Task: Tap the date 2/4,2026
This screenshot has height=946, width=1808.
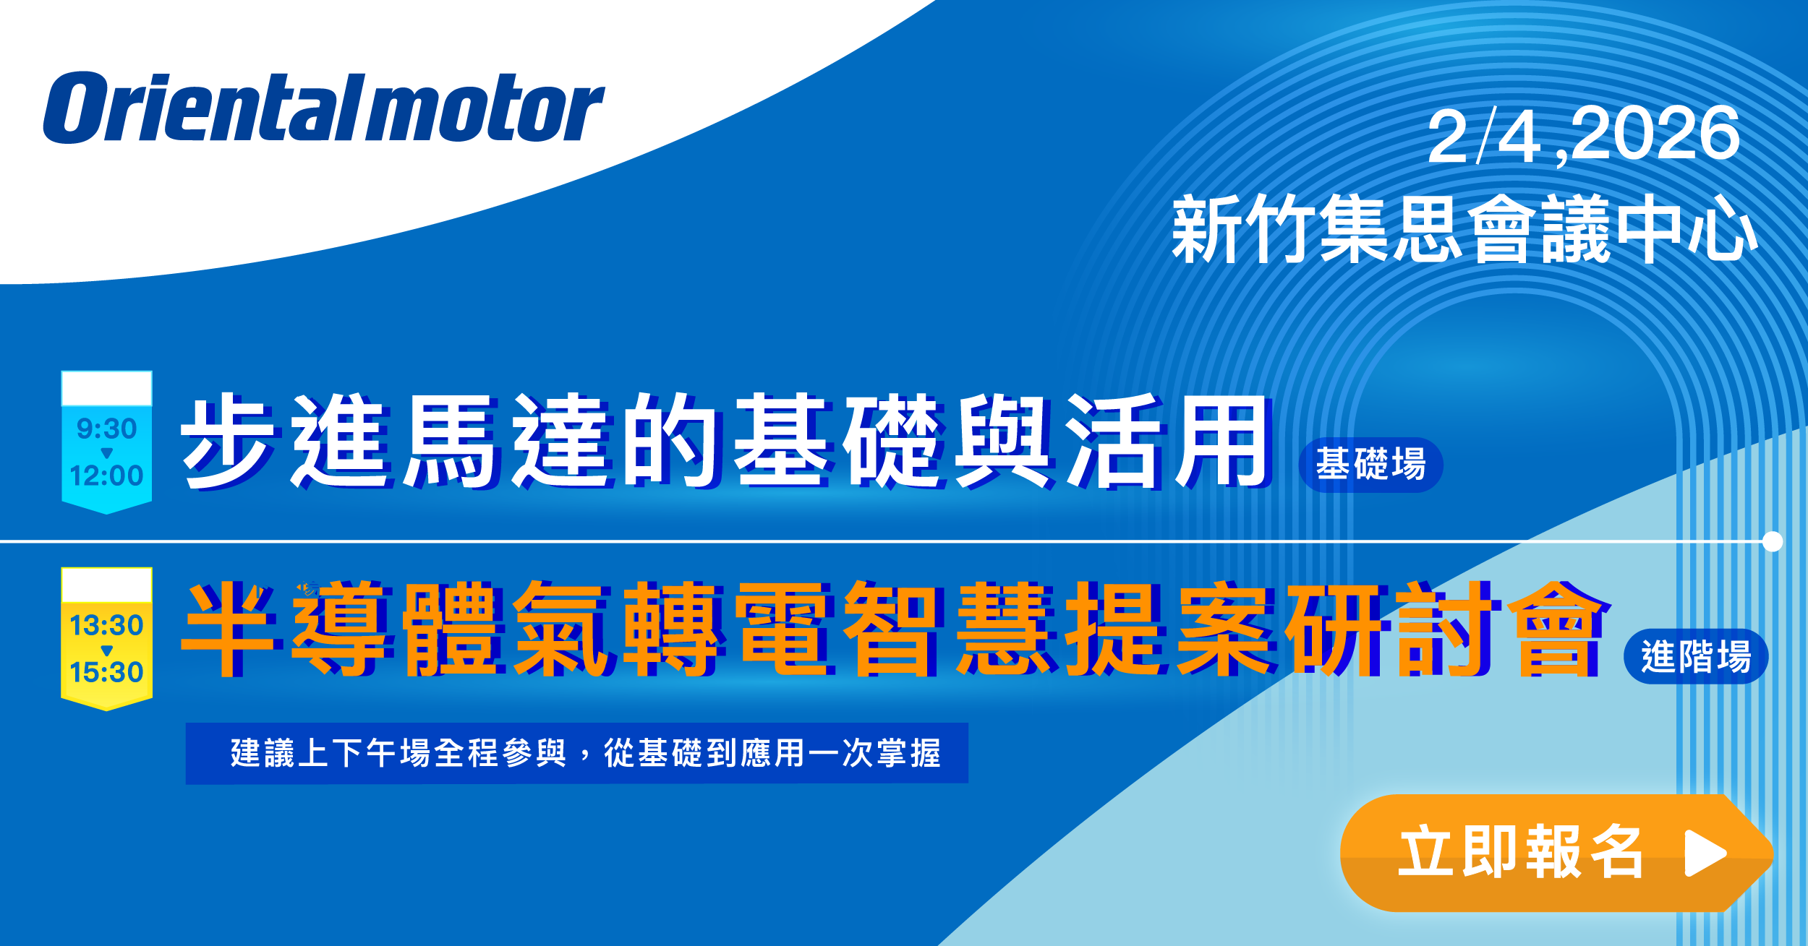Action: (1584, 135)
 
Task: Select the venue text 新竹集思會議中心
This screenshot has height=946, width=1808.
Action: (1465, 228)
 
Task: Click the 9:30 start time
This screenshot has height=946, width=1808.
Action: (107, 429)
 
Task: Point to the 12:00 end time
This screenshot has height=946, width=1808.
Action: (107, 476)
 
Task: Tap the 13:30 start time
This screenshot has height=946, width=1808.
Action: (107, 625)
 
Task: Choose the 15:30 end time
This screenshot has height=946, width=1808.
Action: (107, 672)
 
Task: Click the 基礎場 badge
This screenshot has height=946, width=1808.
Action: (1371, 465)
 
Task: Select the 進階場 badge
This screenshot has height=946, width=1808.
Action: (1696, 656)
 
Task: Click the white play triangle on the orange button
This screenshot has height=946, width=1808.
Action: (1705, 853)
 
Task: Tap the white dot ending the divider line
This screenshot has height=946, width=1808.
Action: (1773, 541)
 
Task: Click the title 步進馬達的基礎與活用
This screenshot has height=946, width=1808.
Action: (725, 441)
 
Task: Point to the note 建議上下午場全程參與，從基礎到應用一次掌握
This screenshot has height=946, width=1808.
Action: (586, 753)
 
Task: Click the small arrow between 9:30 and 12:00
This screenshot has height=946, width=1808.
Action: (107, 453)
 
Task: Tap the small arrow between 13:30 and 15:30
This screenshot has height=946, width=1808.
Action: (107, 650)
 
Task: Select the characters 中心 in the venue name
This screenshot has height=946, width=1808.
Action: (1687, 228)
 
